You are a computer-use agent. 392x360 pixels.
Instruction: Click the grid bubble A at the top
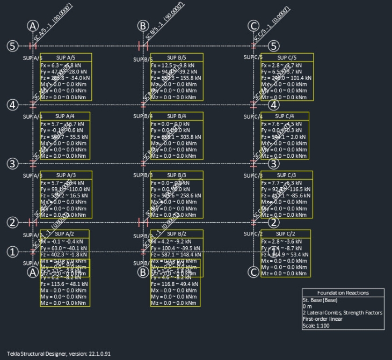[33, 26]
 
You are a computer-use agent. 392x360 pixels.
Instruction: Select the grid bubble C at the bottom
[254, 272]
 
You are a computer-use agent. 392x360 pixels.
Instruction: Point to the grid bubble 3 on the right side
[274, 164]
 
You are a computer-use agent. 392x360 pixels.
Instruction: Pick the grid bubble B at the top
[143, 26]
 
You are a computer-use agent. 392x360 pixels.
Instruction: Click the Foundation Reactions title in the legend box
[343, 293]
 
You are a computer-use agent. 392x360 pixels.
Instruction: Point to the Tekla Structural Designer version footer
[59, 355]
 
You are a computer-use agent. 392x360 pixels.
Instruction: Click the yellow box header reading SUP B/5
[176, 57]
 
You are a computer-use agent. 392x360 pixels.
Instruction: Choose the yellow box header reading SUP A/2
[64, 234]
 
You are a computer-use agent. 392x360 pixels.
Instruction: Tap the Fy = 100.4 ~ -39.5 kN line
[175, 248]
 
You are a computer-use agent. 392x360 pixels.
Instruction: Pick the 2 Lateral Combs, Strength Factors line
[343, 313]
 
